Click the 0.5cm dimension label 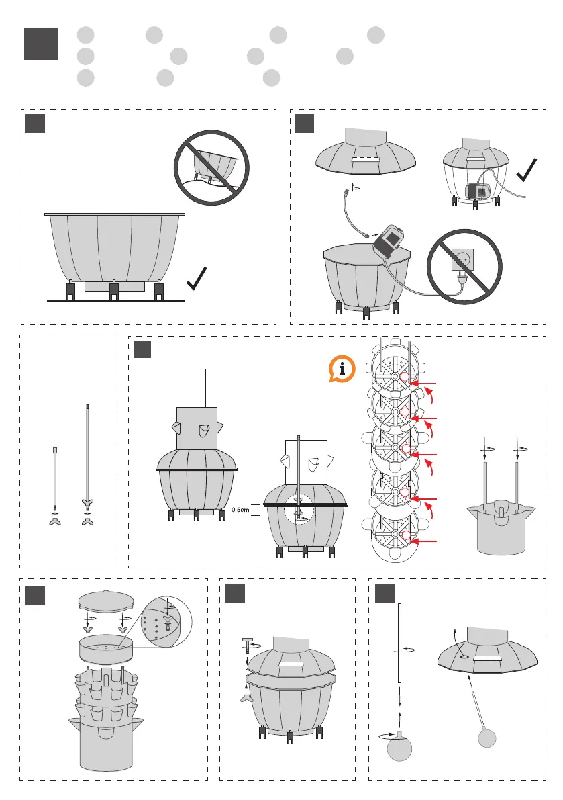[240, 510]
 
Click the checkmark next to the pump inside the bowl [530, 178]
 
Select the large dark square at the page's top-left [40, 44]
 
